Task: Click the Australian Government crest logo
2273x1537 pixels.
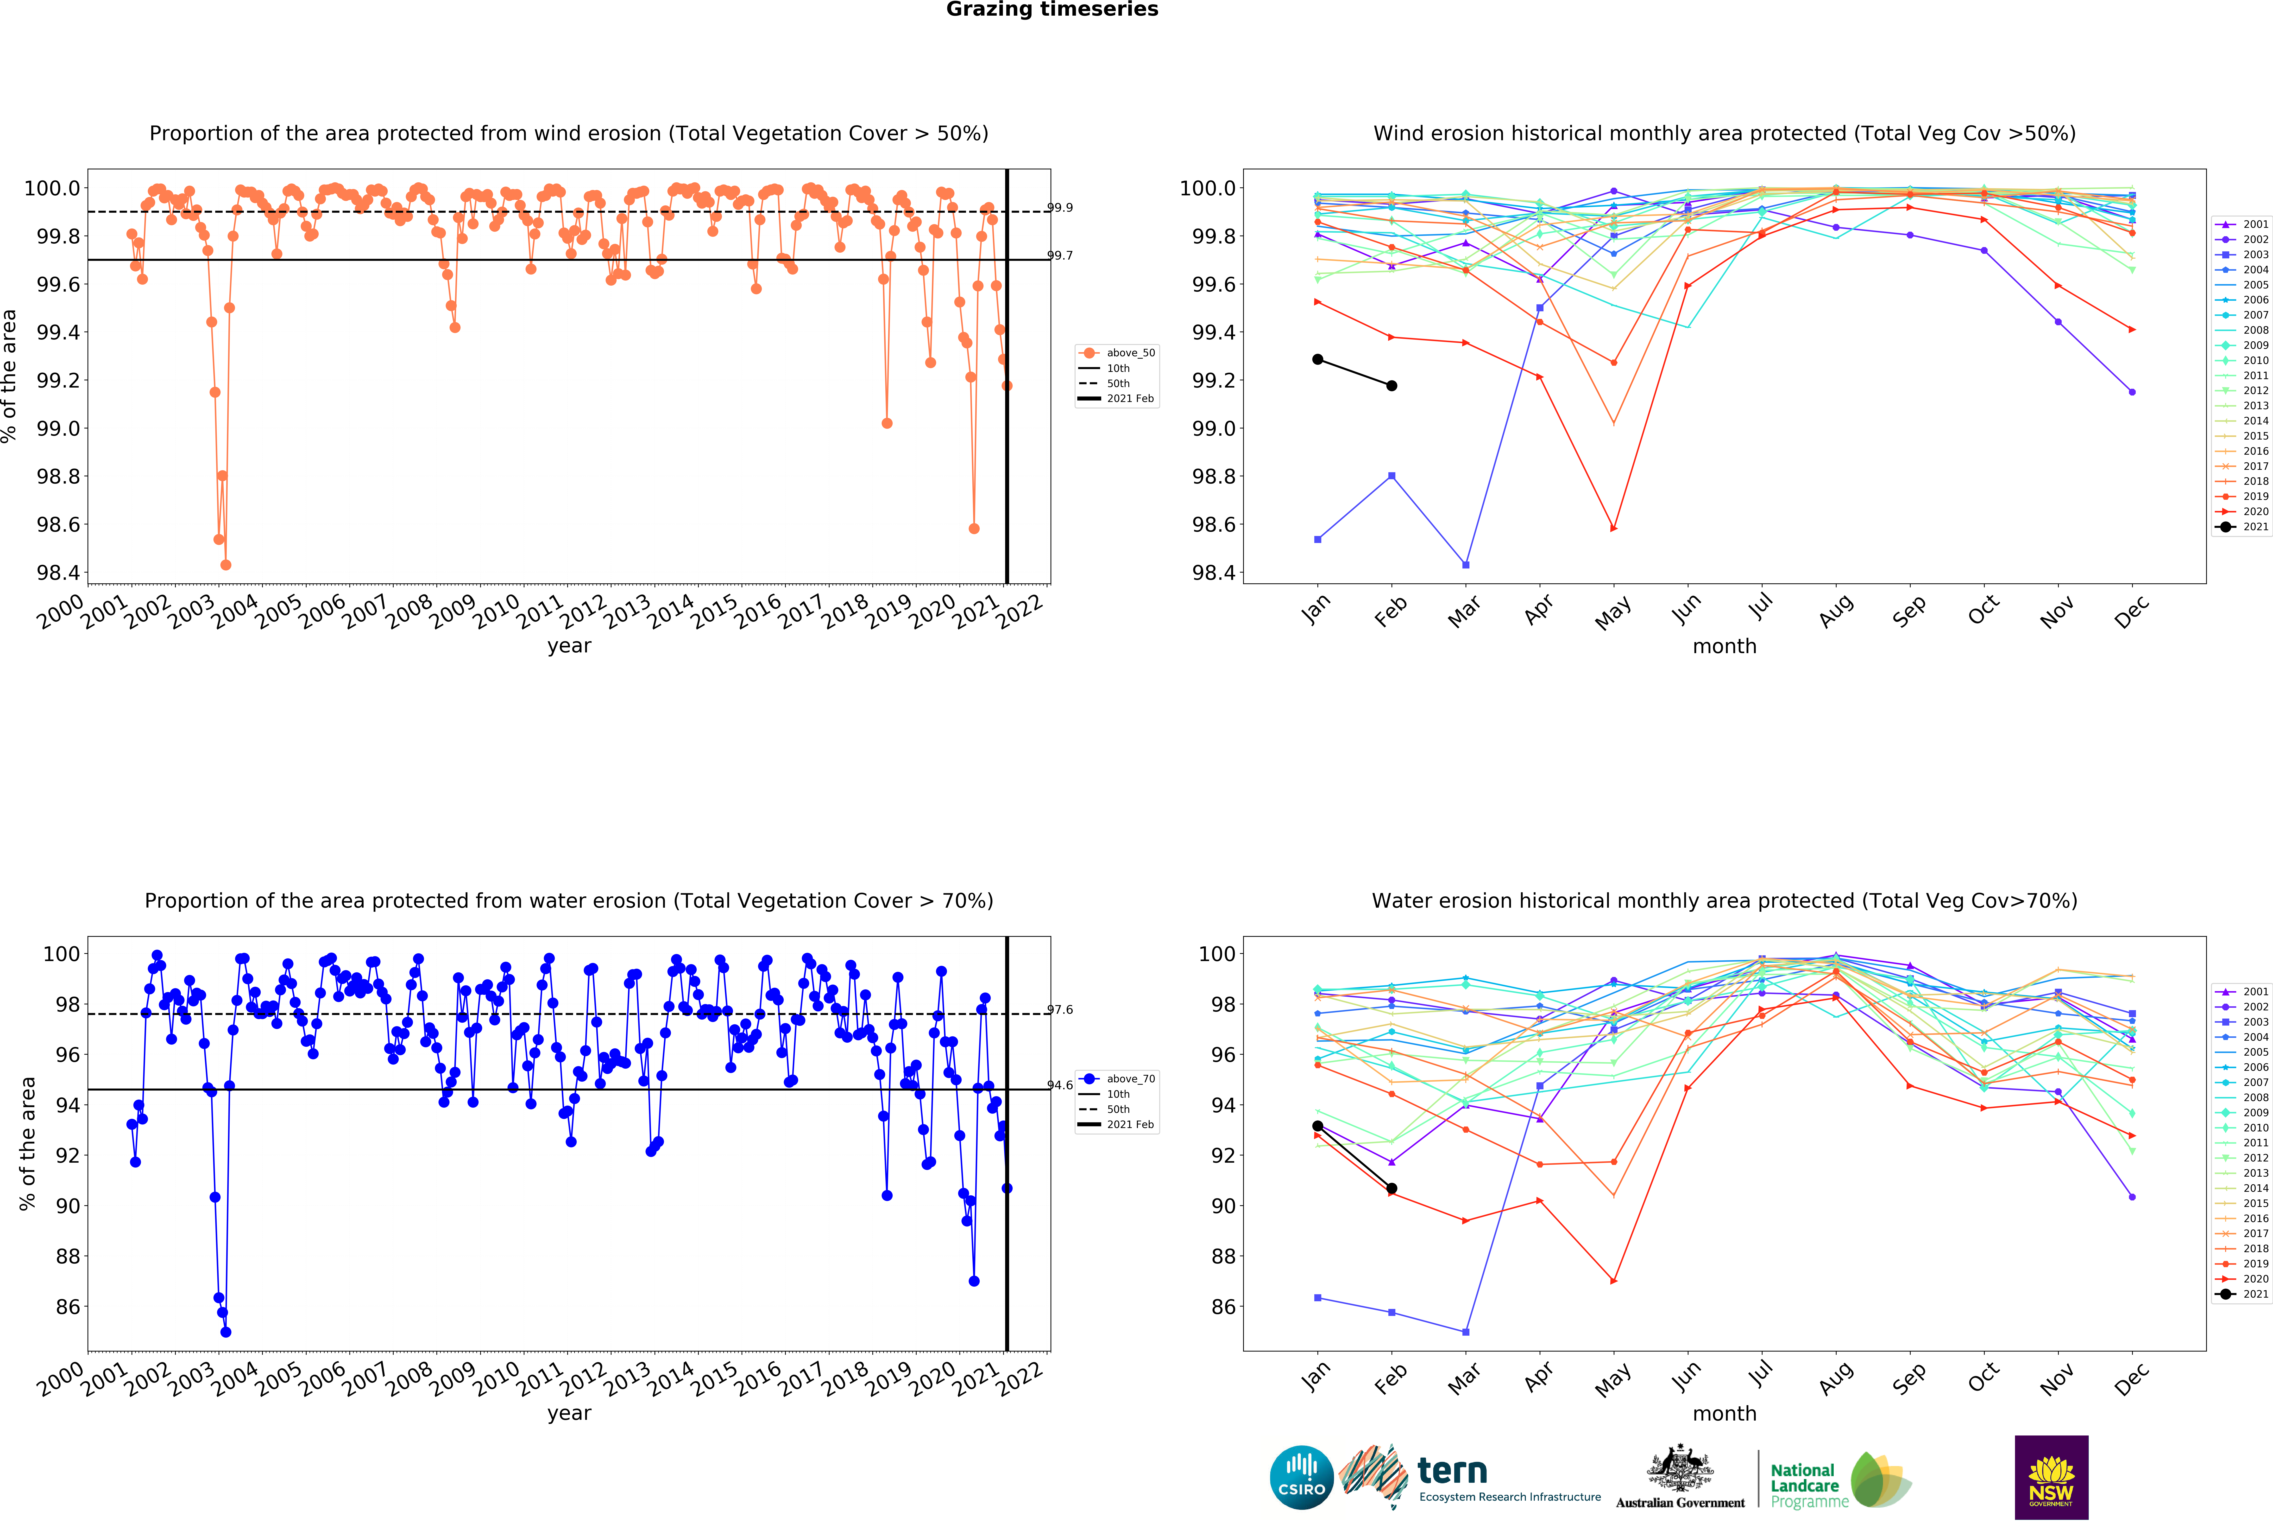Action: [x=1679, y=1477]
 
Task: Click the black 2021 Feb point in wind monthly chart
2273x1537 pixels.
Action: [x=1392, y=385]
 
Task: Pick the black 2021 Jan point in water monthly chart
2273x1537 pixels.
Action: [x=1317, y=1126]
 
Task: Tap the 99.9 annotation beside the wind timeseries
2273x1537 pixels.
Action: [x=1060, y=207]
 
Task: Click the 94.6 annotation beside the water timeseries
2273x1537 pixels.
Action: [x=1060, y=1085]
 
